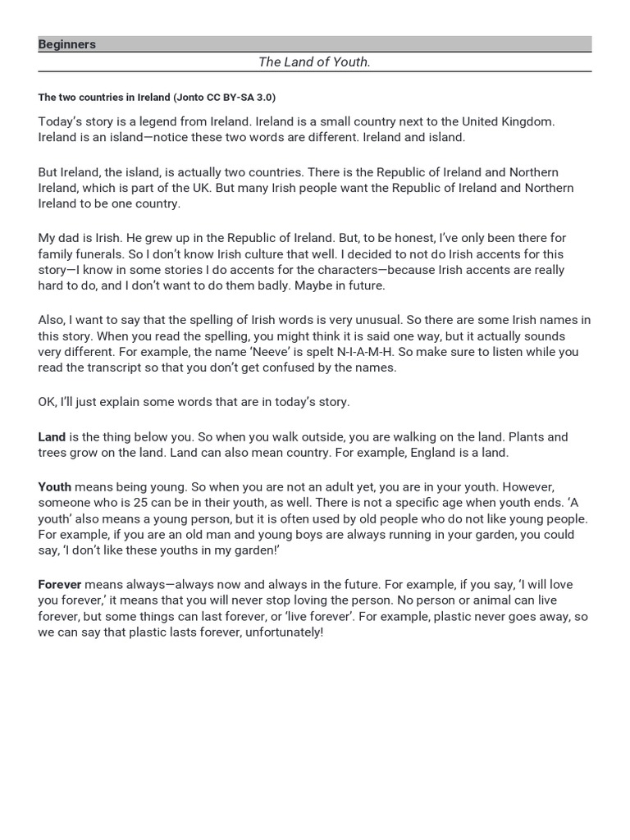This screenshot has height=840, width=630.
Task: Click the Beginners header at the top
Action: [x=67, y=44]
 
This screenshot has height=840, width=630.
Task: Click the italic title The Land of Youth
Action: [x=314, y=62]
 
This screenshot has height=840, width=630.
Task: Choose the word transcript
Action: [x=117, y=368]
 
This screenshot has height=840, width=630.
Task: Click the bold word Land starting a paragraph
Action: [x=52, y=436]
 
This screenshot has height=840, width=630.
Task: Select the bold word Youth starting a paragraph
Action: [x=54, y=486]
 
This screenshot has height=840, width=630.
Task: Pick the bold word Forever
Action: [x=59, y=585]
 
